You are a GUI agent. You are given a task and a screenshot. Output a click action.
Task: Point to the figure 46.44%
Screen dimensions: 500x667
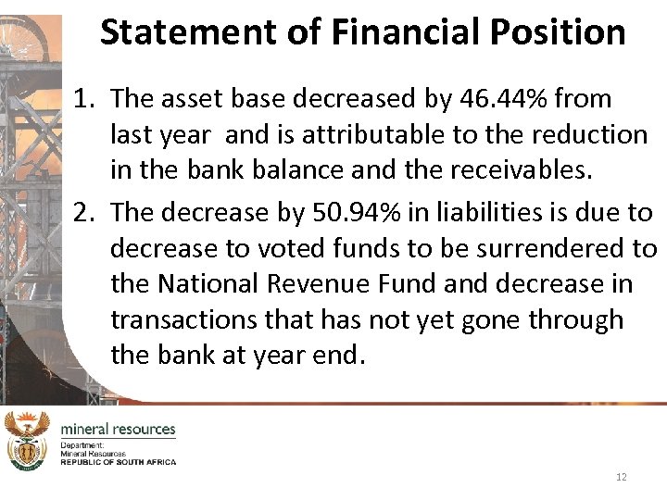pyautogui.click(x=494, y=99)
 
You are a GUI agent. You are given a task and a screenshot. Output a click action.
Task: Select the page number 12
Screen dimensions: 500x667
pyautogui.click(x=621, y=477)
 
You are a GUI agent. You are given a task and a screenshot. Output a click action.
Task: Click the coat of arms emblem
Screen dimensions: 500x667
pyautogui.click(x=27, y=441)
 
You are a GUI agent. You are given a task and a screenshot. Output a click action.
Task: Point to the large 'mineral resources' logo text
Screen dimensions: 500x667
pyautogui.click(x=118, y=429)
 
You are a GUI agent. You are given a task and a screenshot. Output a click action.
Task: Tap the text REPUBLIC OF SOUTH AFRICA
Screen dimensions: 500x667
pyautogui.click(x=118, y=461)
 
